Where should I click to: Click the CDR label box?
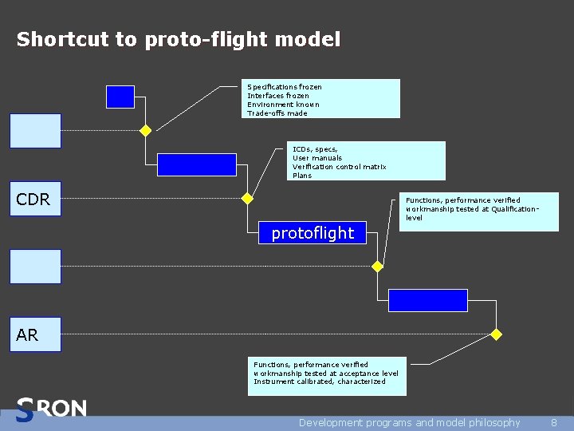click(x=35, y=200)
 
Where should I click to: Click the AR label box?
click(x=35, y=335)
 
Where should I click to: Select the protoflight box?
click(x=313, y=233)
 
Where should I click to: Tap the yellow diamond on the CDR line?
click(x=247, y=198)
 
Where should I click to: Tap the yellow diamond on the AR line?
click(x=496, y=334)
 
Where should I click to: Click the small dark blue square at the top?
click(x=120, y=97)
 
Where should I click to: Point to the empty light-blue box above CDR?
click(x=35, y=131)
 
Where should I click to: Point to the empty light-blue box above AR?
click(x=35, y=267)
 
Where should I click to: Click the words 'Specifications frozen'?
click(x=285, y=87)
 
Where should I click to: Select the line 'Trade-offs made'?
click(x=277, y=113)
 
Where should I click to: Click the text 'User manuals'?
click(x=317, y=158)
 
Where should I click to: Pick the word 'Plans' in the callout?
click(x=302, y=176)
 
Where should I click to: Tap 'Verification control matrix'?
click(x=340, y=167)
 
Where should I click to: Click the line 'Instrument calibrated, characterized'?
click(x=320, y=382)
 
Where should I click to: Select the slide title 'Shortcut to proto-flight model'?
click(x=179, y=39)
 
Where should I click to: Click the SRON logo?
click(x=51, y=409)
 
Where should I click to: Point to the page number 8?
click(x=554, y=423)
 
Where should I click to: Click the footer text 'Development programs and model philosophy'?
click(x=409, y=423)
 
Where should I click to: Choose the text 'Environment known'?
click(x=283, y=105)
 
